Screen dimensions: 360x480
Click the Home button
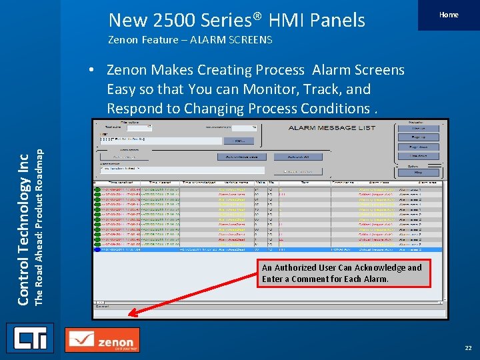coord(449,15)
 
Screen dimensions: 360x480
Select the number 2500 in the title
coord(175,20)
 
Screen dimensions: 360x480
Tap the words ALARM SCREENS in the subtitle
coord(232,40)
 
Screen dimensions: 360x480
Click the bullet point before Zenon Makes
coord(97,70)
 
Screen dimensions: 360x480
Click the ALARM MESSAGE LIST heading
coord(331,128)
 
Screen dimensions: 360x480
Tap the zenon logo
coord(103,340)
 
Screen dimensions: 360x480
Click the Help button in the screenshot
coord(417,172)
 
